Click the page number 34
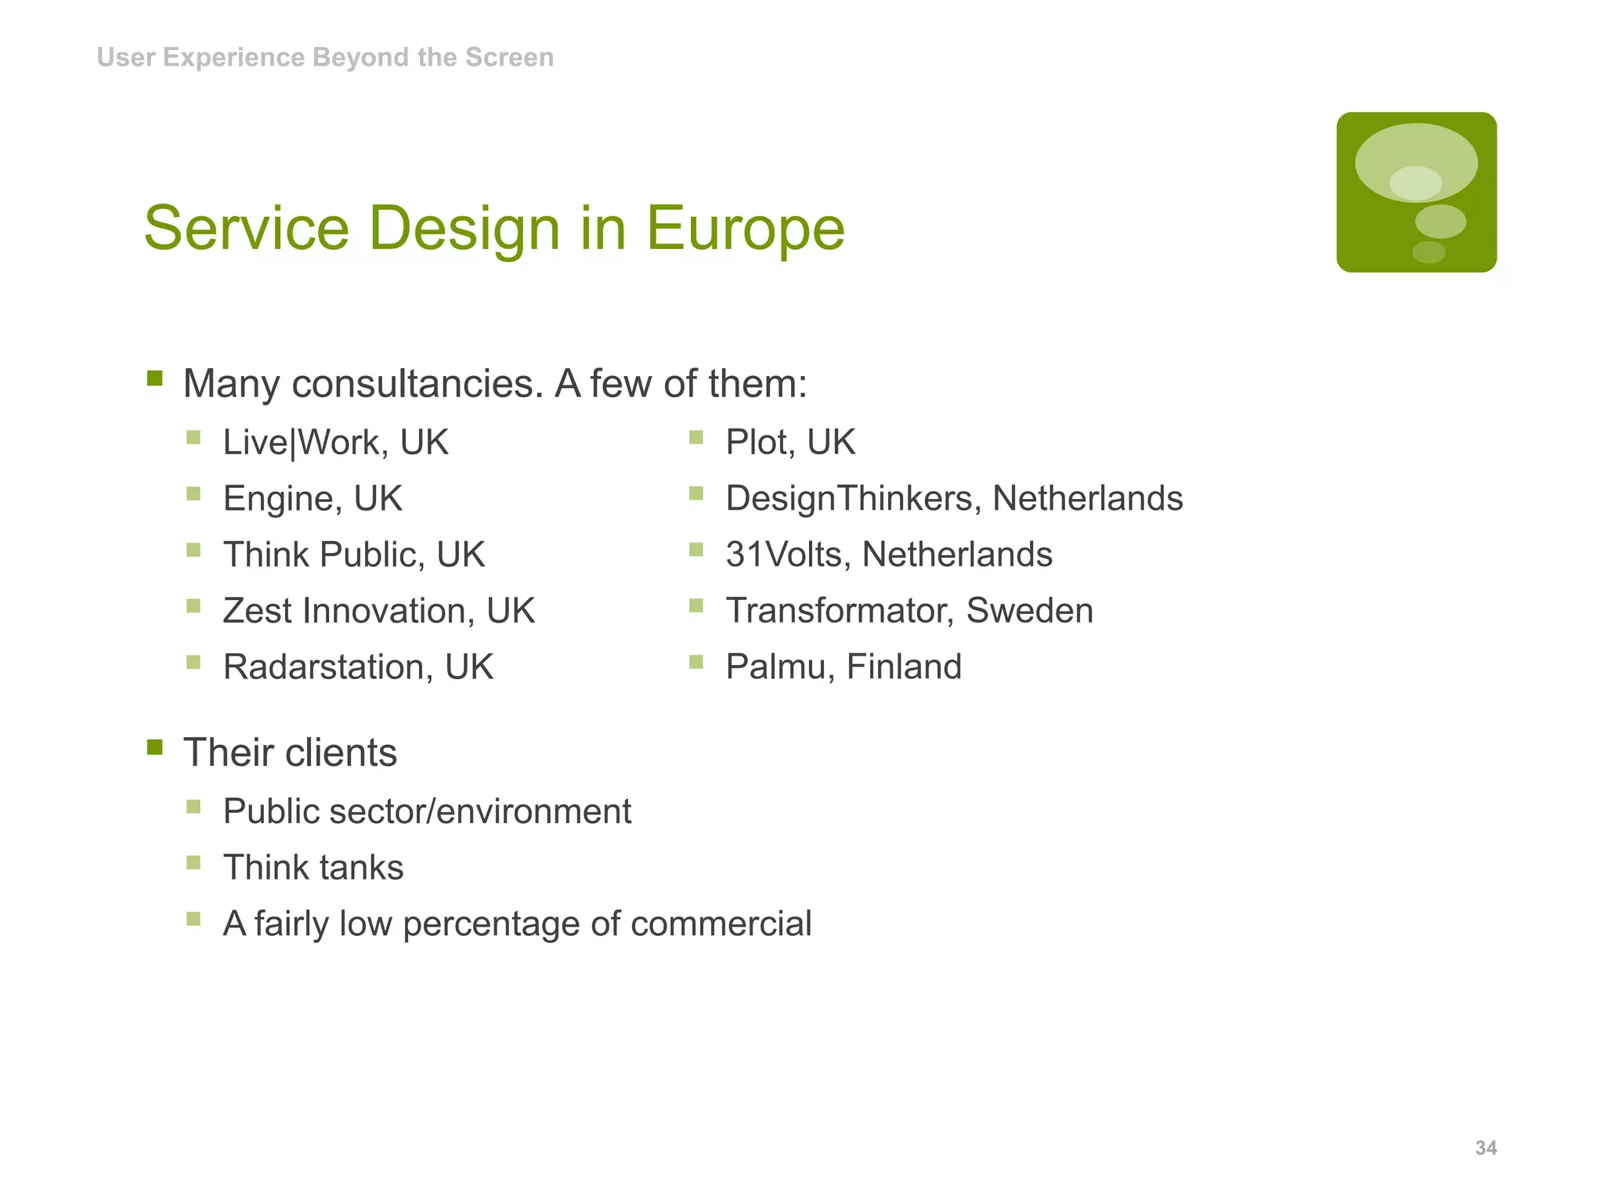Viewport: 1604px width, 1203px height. [1486, 1148]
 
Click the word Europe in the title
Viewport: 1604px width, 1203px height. [745, 228]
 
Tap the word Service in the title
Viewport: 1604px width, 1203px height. [246, 228]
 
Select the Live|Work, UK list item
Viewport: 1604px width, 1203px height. [335, 443]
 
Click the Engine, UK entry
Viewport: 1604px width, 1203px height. [312, 499]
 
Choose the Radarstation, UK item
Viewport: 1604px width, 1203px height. [358, 667]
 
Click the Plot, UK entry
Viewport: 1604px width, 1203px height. [790, 443]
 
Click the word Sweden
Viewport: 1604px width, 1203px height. [1029, 611]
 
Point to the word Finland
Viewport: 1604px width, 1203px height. [904, 667]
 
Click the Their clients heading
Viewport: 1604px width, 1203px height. [290, 753]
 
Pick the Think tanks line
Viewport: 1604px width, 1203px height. [313, 868]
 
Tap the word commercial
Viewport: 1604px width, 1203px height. [721, 924]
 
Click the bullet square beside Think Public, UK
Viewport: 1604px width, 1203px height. [194, 550]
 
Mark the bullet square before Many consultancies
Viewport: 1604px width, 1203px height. [155, 379]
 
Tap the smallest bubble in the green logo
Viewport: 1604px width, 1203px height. [1429, 252]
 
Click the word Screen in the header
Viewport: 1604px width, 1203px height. [509, 57]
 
